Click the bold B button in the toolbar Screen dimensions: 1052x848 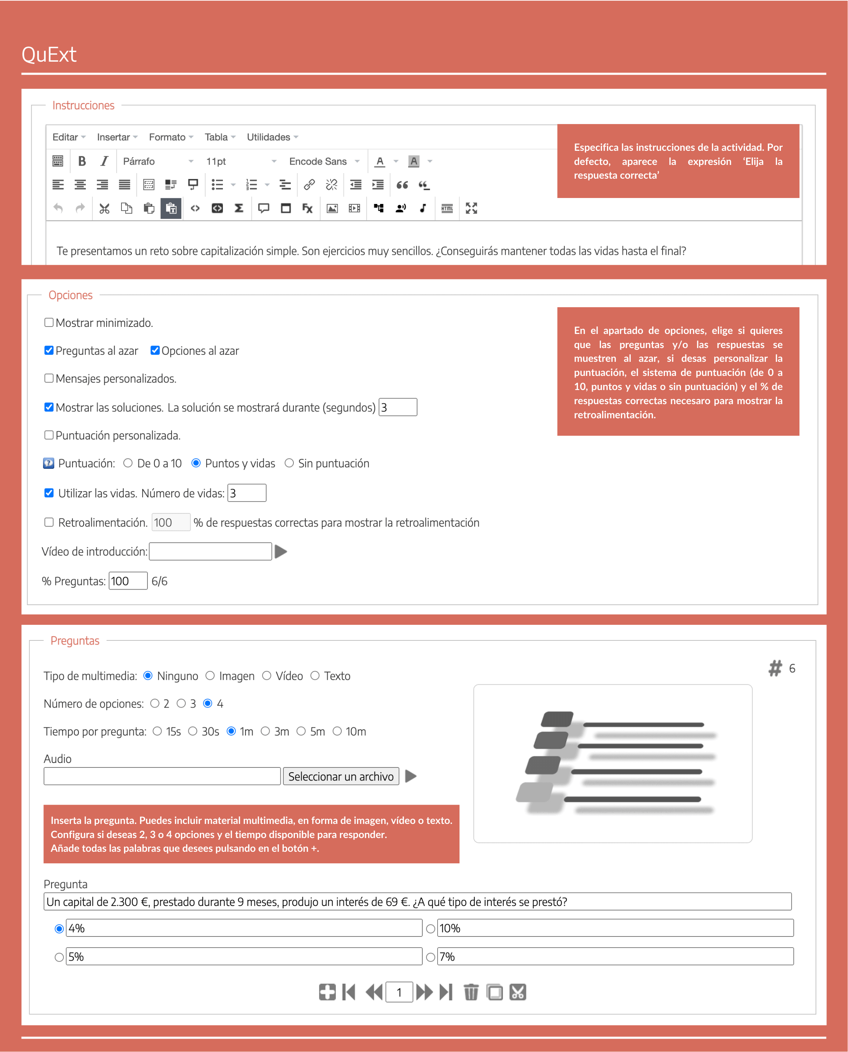tap(82, 161)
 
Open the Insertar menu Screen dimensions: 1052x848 tap(117, 137)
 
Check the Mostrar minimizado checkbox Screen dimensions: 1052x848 tap(49, 322)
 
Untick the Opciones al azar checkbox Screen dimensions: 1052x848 tap(155, 350)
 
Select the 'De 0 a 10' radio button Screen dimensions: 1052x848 tap(128, 463)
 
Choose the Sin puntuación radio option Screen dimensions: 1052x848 tap(289, 463)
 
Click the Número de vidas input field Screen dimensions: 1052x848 tap(247, 493)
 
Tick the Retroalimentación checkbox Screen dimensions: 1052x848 tap(49, 522)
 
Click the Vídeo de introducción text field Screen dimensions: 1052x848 tap(210, 551)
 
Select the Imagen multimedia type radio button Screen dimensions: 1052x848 tap(210, 675)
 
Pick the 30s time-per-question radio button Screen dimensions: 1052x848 tap(193, 731)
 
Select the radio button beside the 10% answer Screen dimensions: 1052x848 tap(431, 928)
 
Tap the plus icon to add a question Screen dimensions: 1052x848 tap(327, 992)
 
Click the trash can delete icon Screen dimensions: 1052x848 tap(471, 992)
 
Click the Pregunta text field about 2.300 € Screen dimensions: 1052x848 tap(417, 902)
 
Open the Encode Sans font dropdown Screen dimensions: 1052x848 tap(324, 161)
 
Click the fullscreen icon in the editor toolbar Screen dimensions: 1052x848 tap(471, 208)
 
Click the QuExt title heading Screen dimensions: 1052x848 tap(49, 55)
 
